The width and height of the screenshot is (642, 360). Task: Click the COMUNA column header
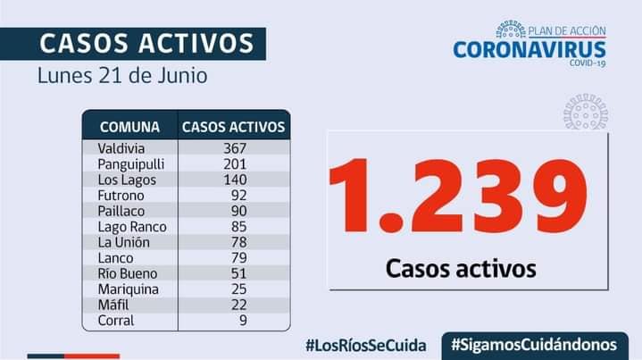click(x=129, y=126)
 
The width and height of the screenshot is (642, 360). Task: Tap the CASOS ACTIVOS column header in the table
click(x=233, y=126)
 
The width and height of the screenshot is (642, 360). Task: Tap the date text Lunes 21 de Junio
click(x=122, y=75)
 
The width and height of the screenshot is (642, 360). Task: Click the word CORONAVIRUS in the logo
click(x=529, y=49)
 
